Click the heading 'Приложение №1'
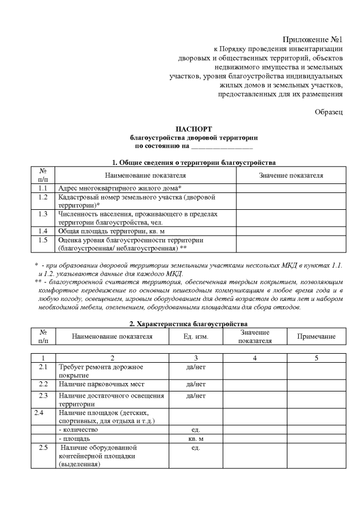[x=313, y=39]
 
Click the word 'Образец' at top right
[x=328, y=112]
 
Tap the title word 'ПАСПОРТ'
[x=193, y=129]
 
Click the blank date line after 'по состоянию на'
[x=222, y=146]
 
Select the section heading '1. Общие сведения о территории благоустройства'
[x=193, y=163]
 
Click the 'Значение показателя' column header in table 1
[x=291, y=175]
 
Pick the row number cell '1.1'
[x=43, y=188]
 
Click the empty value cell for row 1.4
[x=291, y=231]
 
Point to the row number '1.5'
[x=43, y=240]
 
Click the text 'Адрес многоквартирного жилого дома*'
[x=119, y=188]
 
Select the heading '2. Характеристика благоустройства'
[x=193, y=324]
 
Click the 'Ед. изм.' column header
[x=196, y=336]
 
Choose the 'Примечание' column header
[x=316, y=336]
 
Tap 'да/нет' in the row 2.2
[x=196, y=384]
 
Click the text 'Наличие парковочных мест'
[x=101, y=384]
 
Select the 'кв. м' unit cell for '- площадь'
[x=196, y=438]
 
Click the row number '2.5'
[x=43, y=448]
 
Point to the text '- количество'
[x=82, y=429]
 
